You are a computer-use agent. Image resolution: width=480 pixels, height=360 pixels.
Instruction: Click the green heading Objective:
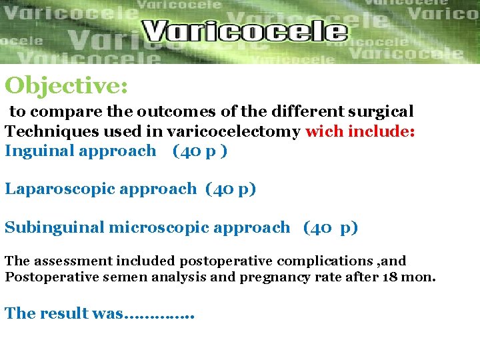coord(66,85)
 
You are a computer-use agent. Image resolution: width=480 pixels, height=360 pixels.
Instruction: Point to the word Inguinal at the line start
coord(39,151)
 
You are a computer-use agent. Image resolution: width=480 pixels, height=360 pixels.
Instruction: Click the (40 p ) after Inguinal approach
coord(199,151)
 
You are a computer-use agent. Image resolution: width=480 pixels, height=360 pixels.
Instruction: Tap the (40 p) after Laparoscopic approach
coord(231,189)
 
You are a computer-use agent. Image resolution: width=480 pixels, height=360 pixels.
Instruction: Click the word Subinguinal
coord(54,227)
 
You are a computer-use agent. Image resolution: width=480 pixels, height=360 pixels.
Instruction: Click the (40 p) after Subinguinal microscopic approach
coord(330,227)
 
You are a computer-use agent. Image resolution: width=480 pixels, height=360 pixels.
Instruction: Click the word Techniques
coord(45,131)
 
